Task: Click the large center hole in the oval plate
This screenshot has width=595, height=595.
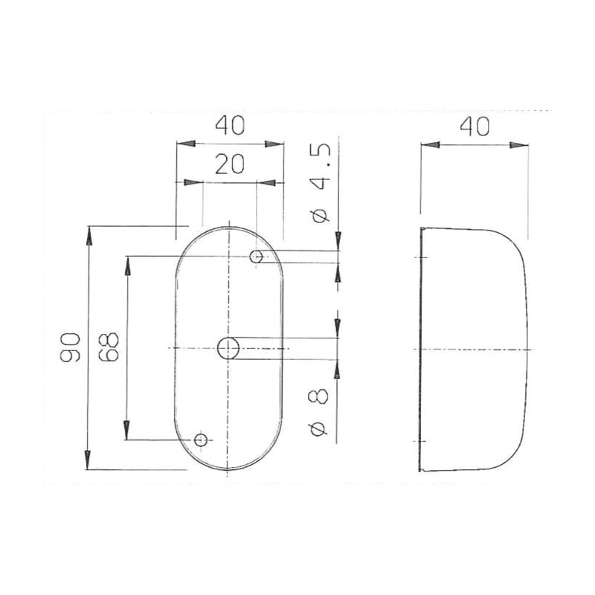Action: click(x=228, y=347)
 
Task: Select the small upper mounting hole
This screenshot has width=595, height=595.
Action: click(x=257, y=257)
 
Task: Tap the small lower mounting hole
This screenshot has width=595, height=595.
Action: click(x=200, y=440)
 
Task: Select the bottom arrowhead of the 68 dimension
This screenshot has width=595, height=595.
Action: click(x=127, y=431)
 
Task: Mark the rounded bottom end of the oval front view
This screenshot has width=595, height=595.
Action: click(x=229, y=469)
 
